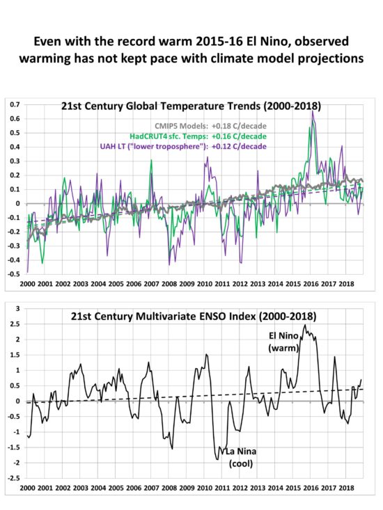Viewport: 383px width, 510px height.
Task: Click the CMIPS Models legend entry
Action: point(210,126)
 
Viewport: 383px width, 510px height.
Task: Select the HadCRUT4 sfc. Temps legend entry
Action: point(198,136)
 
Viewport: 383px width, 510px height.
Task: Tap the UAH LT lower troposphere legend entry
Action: point(183,146)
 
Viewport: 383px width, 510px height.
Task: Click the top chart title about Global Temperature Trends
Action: point(191,106)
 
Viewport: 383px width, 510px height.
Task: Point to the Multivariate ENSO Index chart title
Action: point(194,316)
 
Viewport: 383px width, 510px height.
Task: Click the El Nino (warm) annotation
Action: point(283,342)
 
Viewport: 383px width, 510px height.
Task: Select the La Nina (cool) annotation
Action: point(241,457)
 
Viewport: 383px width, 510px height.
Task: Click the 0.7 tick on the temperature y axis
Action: point(15,105)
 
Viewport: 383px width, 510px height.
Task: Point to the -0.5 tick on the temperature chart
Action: point(14,274)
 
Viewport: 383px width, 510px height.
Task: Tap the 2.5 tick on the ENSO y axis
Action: point(15,324)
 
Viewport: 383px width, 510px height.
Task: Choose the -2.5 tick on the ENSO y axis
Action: point(14,478)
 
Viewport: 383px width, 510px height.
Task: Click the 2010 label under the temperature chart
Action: point(205,284)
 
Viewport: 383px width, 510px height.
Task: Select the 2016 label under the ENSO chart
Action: point(311,488)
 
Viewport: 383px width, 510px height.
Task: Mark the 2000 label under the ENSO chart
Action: point(27,488)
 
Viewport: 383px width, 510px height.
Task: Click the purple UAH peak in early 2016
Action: point(313,111)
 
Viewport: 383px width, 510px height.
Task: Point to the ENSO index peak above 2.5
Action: point(305,325)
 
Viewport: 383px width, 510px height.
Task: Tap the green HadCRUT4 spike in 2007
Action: point(151,160)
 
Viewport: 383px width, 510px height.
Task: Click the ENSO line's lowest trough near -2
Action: point(217,459)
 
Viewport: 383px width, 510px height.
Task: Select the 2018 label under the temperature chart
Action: point(347,284)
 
